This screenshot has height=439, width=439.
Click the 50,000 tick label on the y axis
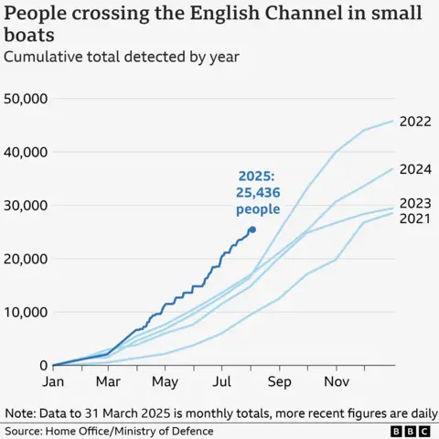[x=28, y=98]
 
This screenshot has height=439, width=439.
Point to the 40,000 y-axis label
[x=28, y=152]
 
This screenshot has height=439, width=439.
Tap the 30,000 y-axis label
[x=28, y=205]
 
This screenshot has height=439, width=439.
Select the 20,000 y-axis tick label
[x=28, y=259]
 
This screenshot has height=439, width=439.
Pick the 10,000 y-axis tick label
[x=28, y=312]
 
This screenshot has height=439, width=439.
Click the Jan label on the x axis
[x=53, y=380]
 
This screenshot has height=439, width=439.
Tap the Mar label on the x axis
[x=109, y=380]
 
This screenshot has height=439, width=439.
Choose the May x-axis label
[x=165, y=380]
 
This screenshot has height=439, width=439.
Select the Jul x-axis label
[x=222, y=380]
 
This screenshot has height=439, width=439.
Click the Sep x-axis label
[x=279, y=380]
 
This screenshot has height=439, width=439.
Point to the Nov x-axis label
[x=337, y=380]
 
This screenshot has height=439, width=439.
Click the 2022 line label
[x=415, y=121]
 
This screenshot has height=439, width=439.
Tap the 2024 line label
[x=415, y=168]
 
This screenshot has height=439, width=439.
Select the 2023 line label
[x=415, y=203]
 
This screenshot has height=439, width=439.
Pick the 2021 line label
[x=415, y=219]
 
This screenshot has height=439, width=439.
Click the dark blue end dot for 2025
[x=252, y=230]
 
